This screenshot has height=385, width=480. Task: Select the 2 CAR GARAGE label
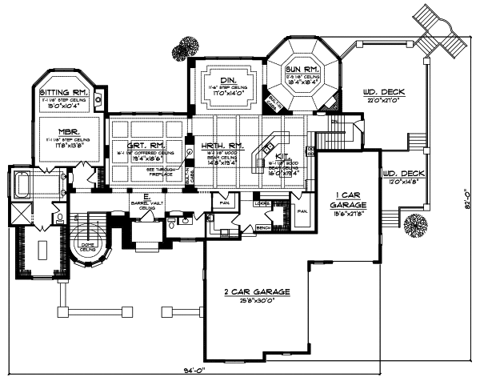[x=256, y=291]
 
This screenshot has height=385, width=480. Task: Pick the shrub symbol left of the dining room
[x=190, y=46]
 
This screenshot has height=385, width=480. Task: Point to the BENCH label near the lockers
[x=262, y=227]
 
